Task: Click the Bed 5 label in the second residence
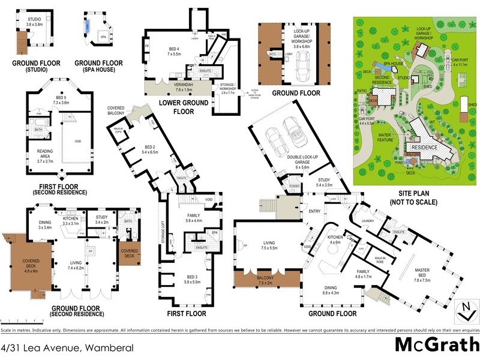point(57,100)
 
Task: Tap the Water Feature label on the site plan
point(389,139)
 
